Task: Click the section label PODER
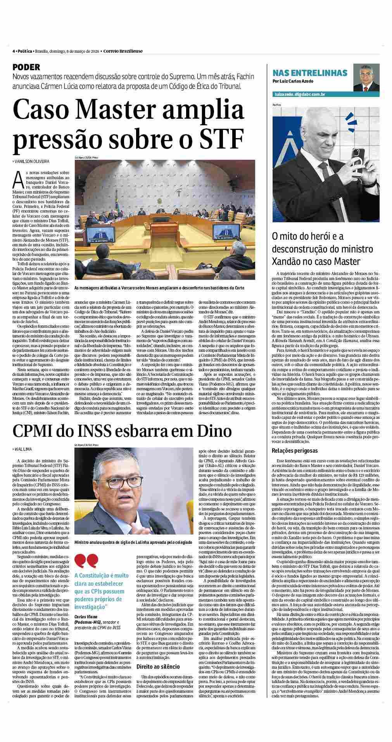click(x=26, y=67)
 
